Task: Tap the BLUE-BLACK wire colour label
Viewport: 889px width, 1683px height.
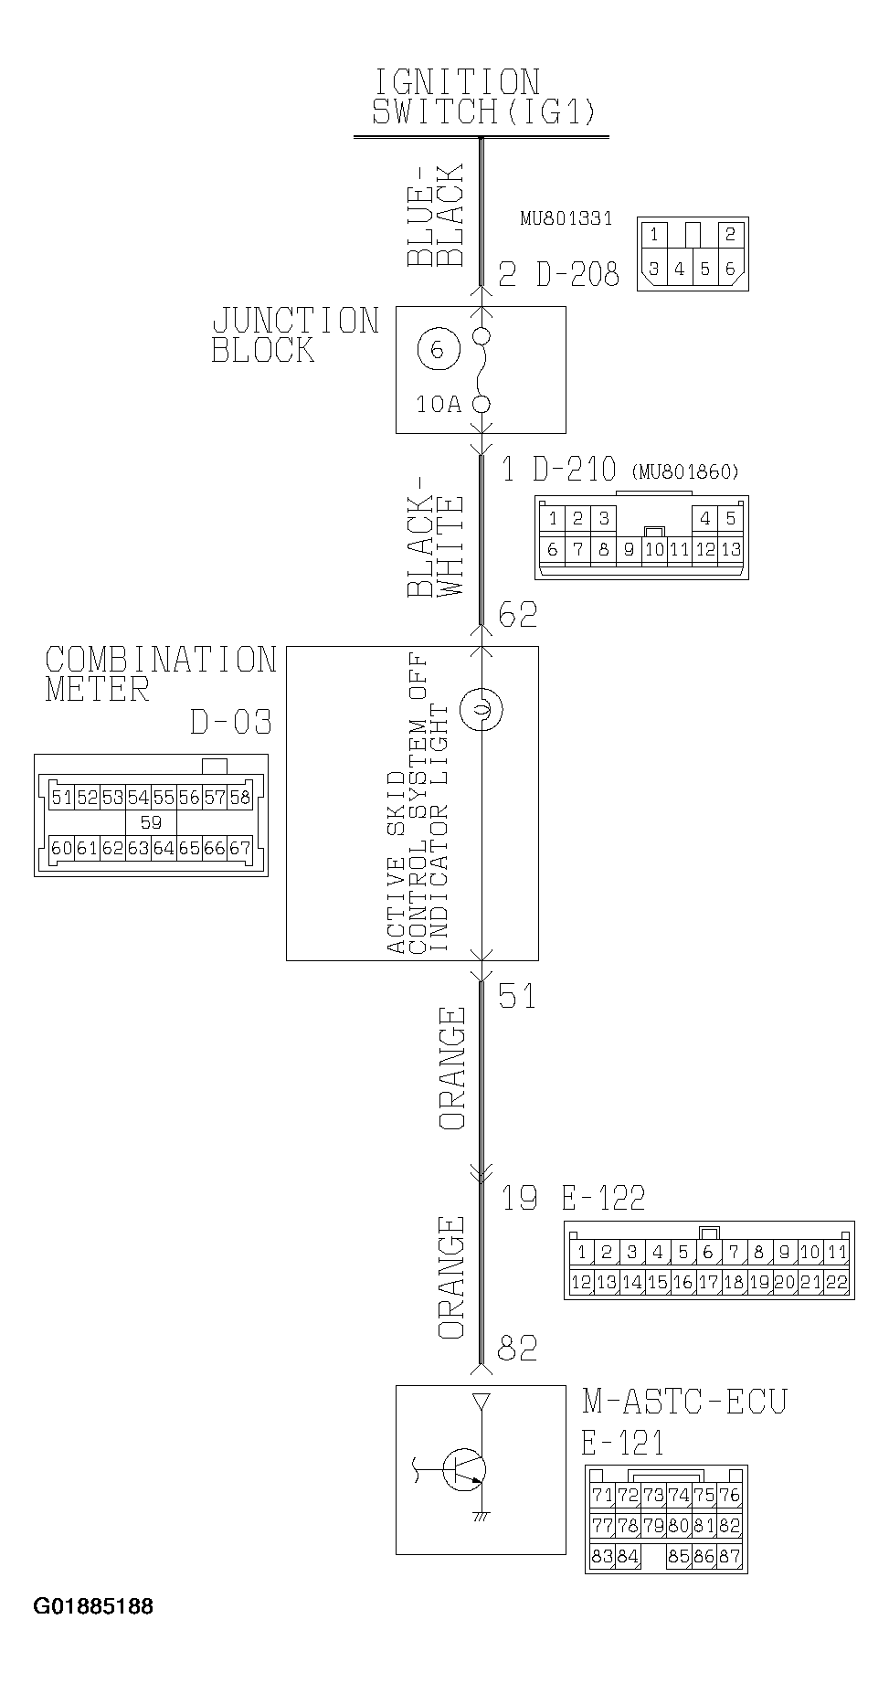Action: (437, 216)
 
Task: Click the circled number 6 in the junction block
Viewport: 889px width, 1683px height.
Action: (436, 350)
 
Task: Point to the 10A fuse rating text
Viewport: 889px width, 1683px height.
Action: (439, 404)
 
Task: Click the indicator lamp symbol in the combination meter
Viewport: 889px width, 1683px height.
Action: (481, 709)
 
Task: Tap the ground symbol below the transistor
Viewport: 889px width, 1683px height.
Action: (481, 1518)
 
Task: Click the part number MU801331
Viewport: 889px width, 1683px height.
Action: (566, 219)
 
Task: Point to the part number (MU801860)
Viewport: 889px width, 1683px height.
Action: (684, 472)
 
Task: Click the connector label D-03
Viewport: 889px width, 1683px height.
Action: (230, 724)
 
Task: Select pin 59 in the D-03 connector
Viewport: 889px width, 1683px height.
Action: (151, 822)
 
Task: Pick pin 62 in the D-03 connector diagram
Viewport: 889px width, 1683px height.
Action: (112, 848)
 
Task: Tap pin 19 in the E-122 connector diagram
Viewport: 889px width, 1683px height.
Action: (759, 1282)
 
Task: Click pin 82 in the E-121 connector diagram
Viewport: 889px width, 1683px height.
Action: (729, 1526)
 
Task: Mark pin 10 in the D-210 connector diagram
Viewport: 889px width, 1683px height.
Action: (653, 550)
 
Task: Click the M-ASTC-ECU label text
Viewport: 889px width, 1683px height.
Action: (683, 1402)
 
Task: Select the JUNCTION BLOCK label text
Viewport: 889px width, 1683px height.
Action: (295, 335)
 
